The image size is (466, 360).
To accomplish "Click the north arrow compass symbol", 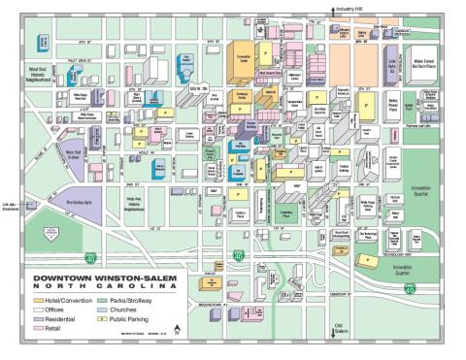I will pyautogui.click(x=177, y=331).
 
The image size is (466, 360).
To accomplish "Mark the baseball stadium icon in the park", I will pyautogui.click(x=42, y=234).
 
